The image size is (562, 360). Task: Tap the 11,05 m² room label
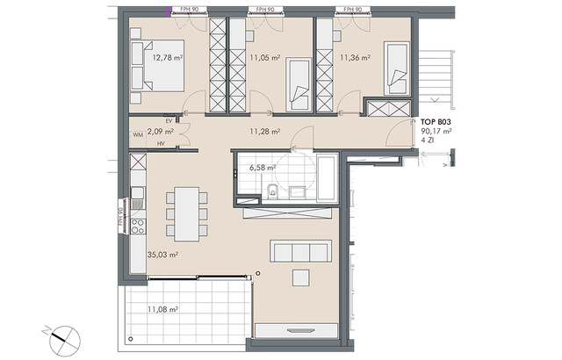264,59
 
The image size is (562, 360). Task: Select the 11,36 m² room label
355,59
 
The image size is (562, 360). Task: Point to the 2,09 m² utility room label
160,132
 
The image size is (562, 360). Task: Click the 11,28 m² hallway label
264,132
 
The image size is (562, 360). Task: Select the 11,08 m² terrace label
164,309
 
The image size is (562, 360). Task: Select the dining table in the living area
186,213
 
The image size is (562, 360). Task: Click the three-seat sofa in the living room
301,252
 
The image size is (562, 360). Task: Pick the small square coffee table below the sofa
301,277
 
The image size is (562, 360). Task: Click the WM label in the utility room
138,136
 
